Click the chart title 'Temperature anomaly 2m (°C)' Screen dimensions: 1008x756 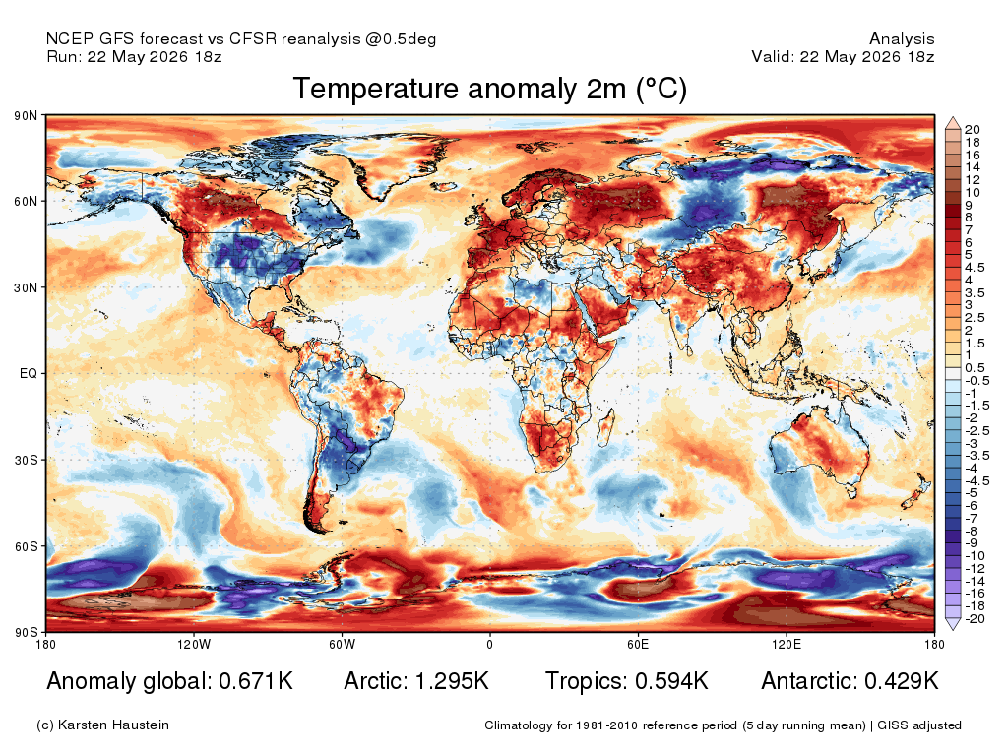(x=490, y=89)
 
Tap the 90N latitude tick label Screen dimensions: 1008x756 (x=26, y=116)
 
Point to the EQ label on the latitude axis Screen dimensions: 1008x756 (x=29, y=373)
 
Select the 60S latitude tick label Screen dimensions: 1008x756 (x=26, y=546)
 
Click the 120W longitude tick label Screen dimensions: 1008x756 (x=194, y=644)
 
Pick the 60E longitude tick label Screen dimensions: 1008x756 (x=638, y=644)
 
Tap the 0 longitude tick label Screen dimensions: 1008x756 (x=490, y=644)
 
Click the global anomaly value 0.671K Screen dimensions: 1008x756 (x=256, y=681)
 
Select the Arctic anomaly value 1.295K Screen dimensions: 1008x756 (x=452, y=681)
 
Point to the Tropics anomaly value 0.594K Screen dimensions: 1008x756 (x=671, y=681)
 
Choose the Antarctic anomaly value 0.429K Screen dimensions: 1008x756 (x=902, y=681)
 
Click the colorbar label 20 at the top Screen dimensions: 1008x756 (x=972, y=130)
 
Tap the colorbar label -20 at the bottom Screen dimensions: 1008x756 (x=975, y=619)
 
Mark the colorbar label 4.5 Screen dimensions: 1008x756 (x=975, y=268)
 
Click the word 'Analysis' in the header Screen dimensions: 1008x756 (x=902, y=39)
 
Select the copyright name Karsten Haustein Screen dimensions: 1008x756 (x=113, y=725)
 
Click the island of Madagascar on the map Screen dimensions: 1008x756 (x=606, y=427)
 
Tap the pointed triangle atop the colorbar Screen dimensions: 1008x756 (x=953, y=123)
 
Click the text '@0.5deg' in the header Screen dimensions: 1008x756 (x=401, y=39)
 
